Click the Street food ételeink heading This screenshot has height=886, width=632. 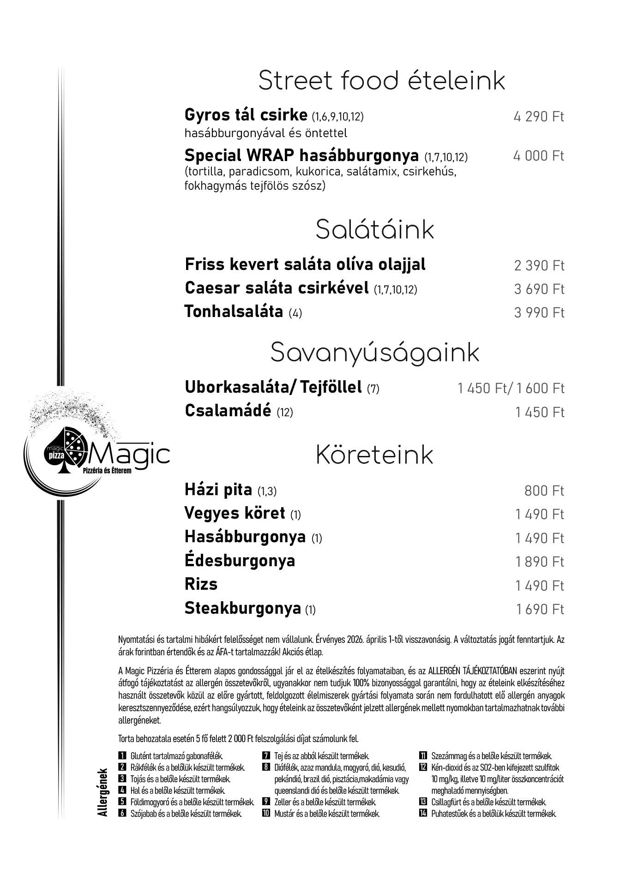[x=381, y=81]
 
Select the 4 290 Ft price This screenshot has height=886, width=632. [x=538, y=116]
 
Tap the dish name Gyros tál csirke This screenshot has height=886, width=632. [x=246, y=114]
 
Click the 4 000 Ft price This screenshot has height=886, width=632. [x=538, y=156]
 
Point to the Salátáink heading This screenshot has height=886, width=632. [x=374, y=230]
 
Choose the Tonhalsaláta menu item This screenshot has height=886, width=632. [x=234, y=311]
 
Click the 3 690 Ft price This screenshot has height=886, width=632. [x=539, y=289]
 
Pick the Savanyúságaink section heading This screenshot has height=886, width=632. [x=374, y=353]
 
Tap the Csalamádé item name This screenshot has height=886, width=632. [x=228, y=410]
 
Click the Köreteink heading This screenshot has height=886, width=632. [x=374, y=455]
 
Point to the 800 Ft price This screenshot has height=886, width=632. [x=544, y=491]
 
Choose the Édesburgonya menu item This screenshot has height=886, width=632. [x=240, y=561]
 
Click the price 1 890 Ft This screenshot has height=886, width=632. [x=539, y=562]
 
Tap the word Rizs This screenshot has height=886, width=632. [x=201, y=584]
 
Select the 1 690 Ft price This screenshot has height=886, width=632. [x=540, y=609]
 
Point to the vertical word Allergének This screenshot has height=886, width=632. [x=102, y=792]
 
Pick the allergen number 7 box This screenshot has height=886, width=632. [x=266, y=756]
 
